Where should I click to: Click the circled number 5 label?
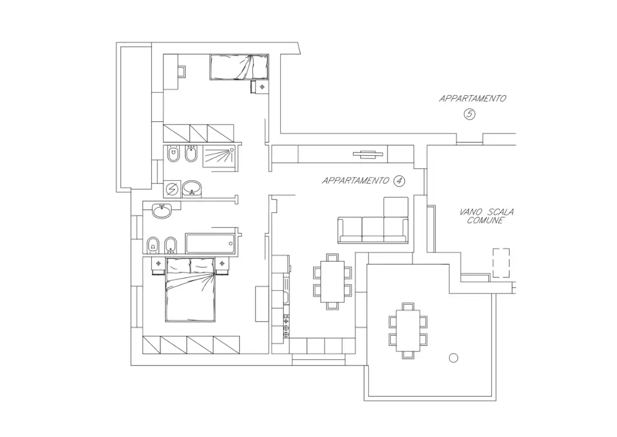tap(469, 113)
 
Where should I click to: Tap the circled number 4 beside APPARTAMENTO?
tap(399, 180)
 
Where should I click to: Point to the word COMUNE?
tap(486, 220)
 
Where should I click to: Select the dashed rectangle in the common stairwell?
tap(501, 263)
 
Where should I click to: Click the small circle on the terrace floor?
tap(453, 357)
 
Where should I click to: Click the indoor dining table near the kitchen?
tap(332, 281)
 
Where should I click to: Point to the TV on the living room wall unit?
tap(368, 154)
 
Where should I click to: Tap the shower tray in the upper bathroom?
tap(219, 157)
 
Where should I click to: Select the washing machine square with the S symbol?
tap(172, 189)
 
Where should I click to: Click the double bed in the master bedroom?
tap(190, 290)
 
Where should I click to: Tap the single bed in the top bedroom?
tap(238, 67)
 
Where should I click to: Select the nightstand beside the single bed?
tap(261, 87)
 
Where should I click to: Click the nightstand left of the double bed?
tap(159, 263)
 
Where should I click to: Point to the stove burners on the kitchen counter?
tap(286, 327)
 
